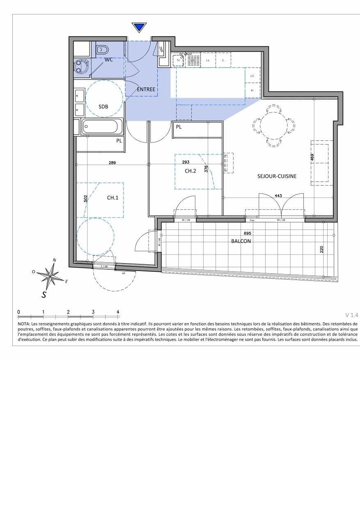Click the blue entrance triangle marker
pos(139,28)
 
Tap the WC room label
pos(108,60)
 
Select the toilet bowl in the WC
pos(101,50)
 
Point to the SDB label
pos(103,106)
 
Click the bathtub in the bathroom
pos(103,126)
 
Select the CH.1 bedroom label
pos(113,197)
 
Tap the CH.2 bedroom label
pos(190,171)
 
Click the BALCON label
pos(241,241)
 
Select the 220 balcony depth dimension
pos(321,250)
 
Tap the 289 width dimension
pos(112,163)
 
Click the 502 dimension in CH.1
pos(85,199)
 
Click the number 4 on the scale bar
pos(118,312)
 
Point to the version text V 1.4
pos(352,315)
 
